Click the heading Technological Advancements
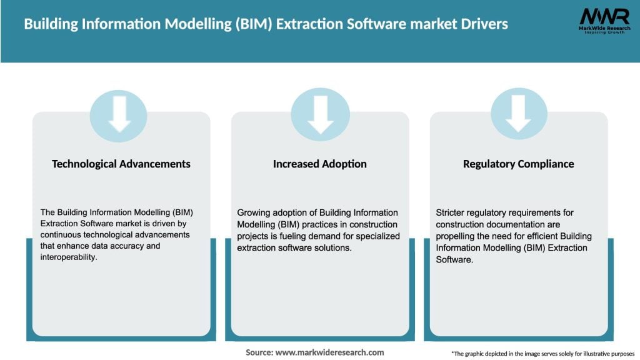pos(121,164)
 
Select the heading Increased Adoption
pos(319,164)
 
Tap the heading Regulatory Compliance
pos(518,164)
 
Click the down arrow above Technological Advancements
pos(119,114)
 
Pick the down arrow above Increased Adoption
pos(320,114)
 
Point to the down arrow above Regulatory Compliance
pos(518,114)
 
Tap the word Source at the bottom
pos(259,352)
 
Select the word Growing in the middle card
pos(252,213)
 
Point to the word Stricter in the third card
pos(451,213)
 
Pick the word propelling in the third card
pos(456,236)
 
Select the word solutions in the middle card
pos(336,247)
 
